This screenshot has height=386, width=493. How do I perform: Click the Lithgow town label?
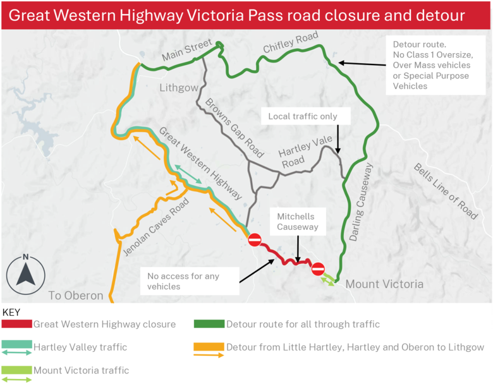179,87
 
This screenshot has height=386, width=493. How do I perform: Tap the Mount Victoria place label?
384,284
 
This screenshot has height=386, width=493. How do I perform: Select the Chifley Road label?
291,44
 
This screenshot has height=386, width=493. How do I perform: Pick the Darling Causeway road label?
361,202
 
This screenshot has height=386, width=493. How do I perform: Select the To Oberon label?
76,296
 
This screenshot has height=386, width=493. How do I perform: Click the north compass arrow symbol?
25,274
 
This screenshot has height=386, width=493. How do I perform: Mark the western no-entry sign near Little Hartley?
255,240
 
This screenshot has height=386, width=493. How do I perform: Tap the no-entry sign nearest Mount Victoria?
318,268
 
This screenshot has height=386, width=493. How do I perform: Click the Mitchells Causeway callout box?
295,221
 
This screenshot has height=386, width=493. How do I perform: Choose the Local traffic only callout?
303,116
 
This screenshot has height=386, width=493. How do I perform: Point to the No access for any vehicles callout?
190,281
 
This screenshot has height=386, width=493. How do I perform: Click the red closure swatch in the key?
17,324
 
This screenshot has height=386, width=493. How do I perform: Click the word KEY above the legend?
12,312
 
